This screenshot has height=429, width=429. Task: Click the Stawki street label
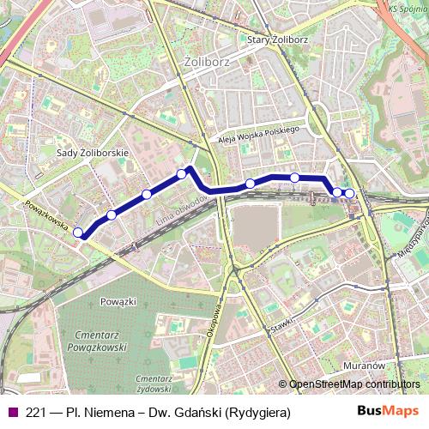click(281, 327)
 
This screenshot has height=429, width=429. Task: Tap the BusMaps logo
click(394, 413)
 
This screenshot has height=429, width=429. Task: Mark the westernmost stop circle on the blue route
click(78, 232)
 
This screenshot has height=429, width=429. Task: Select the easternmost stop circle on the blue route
click(349, 193)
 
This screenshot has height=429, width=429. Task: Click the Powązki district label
click(118, 301)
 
